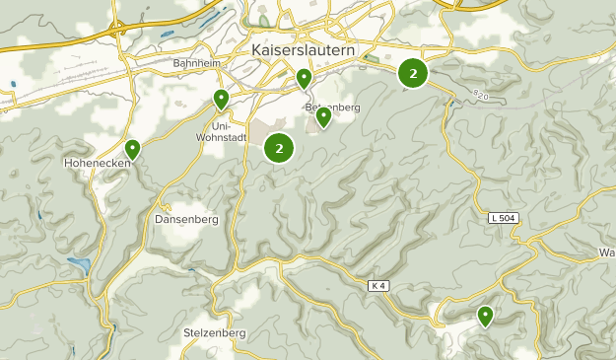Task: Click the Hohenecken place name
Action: coord(96,162)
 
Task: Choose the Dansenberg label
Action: coord(185,219)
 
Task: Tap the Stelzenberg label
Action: coord(214,333)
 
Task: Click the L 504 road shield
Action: coord(503,218)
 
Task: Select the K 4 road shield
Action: coord(379,286)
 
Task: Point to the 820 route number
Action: coord(480,95)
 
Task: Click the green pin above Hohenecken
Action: coord(132,149)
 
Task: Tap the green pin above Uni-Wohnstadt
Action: coord(222,99)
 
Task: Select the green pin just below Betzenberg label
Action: coord(323,117)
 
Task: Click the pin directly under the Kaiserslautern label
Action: coord(305,77)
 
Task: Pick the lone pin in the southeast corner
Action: coord(485,316)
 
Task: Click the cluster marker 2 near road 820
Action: coord(413,73)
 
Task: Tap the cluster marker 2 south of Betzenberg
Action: coord(280,148)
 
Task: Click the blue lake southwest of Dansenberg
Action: coord(78,264)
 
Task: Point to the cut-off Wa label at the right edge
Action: coord(607,253)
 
